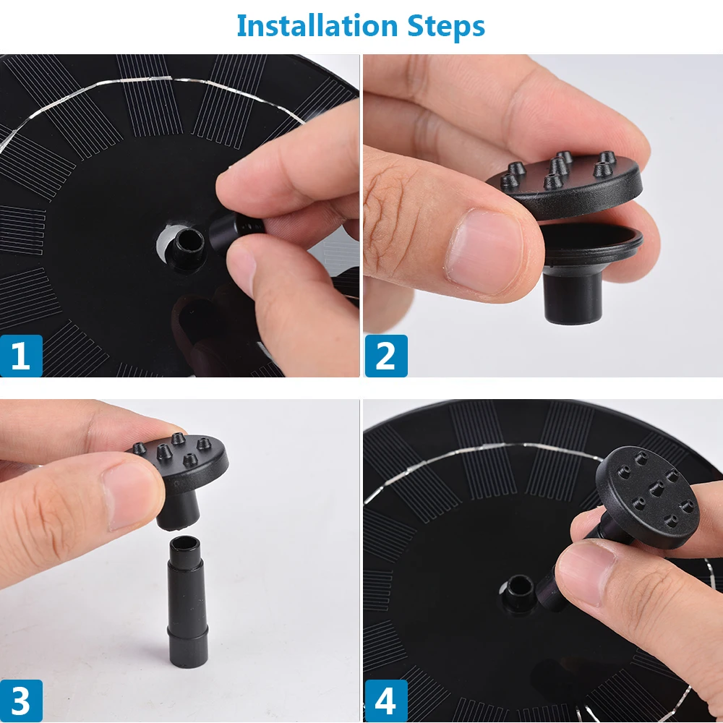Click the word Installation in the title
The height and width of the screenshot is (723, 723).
[x=317, y=26]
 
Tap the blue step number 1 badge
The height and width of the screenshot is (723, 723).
[x=21, y=356]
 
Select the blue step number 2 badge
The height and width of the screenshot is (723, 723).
[x=386, y=356]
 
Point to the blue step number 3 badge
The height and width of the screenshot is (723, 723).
[x=21, y=701]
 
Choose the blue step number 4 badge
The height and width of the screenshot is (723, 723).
[x=386, y=701]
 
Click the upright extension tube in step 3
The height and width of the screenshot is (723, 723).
[x=187, y=602]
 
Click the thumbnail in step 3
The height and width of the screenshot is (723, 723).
[x=131, y=496]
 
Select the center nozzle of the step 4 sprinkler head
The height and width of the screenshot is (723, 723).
[x=656, y=488]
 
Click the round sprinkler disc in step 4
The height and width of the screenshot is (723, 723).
[x=647, y=497]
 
